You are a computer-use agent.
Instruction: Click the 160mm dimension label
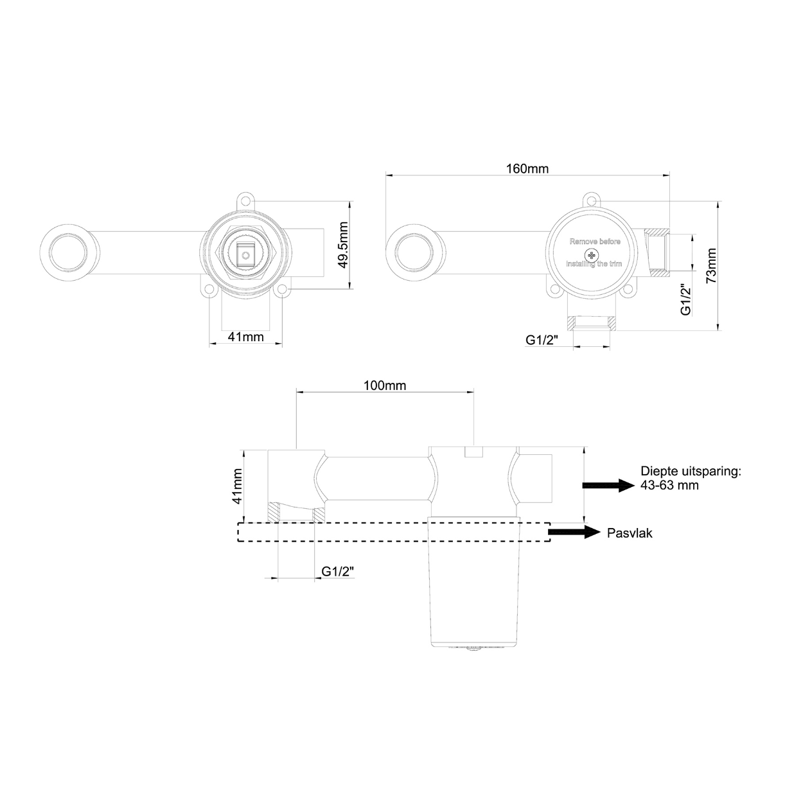pyautogui.click(x=527, y=169)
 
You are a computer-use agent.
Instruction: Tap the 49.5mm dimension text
pyautogui.click(x=343, y=245)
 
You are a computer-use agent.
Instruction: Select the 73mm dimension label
pyautogui.click(x=711, y=266)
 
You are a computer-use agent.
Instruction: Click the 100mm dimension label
pyautogui.click(x=385, y=385)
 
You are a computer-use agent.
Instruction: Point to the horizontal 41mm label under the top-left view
pyautogui.click(x=246, y=336)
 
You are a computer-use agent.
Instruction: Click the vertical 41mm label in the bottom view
pyautogui.click(x=238, y=486)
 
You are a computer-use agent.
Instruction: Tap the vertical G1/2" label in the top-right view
pyautogui.click(x=685, y=299)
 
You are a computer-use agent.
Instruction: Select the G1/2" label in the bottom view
pyautogui.click(x=337, y=571)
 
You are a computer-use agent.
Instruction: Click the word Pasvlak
pyautogui.click(x=630, y=533)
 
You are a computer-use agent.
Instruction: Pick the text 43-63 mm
pyautogui.click(x=669, y=485)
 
